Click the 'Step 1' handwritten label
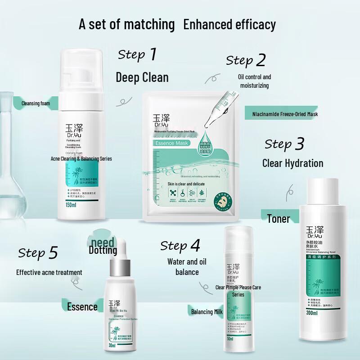pos(137,54)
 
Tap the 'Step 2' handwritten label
pos(246,60)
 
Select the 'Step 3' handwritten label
pos(284,144)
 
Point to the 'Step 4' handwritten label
pos(180,246)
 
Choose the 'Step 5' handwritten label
pos(38,253)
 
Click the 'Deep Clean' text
pos(142,77)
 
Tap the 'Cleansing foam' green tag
pos(35,103)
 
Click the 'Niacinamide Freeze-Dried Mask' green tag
pos(282,114)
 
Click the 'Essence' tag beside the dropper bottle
pos(82,307)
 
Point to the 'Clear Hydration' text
pos(292,163)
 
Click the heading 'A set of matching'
pos(127,24)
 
